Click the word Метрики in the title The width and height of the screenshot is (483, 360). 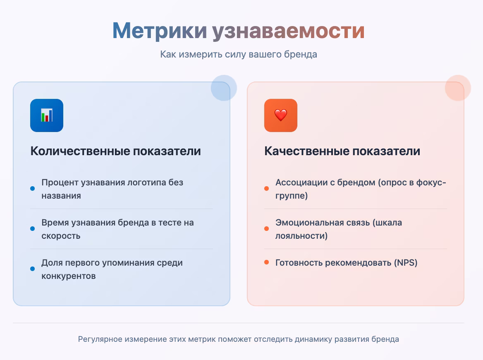point(160,31)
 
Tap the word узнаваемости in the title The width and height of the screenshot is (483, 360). point(288,31)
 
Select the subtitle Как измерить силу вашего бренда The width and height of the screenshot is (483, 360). point(239,54)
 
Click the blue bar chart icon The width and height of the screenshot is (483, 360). point(47,115)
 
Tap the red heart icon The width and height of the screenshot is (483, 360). point(281,115)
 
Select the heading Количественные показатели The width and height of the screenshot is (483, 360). point(115,151)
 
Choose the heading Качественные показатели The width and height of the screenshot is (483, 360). point(342,151)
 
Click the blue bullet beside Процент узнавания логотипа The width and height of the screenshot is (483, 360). point(32,188)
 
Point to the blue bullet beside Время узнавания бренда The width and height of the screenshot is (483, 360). point(32,228)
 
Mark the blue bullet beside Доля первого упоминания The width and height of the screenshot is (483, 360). point(32,269)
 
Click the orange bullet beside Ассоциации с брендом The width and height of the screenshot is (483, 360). point(266,188)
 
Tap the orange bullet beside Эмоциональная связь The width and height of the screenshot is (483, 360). point(266,228)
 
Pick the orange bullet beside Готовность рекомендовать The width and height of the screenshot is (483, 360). point(266,262)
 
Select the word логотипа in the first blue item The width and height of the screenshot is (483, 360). point(147,182)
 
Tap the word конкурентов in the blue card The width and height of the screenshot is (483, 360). point(68,276)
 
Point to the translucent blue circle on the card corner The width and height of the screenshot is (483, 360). point(224,88)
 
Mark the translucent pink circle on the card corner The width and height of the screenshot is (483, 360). point(458,88)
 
